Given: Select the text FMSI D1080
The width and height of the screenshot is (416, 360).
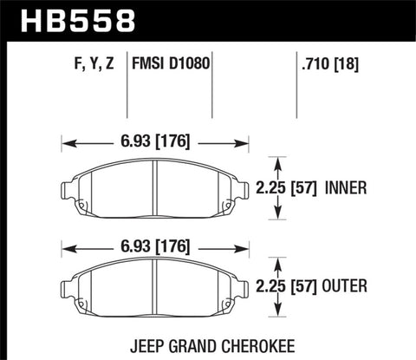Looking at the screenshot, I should pos(172,63).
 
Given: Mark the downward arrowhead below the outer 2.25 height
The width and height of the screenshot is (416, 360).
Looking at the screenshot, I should pos(277,315).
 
